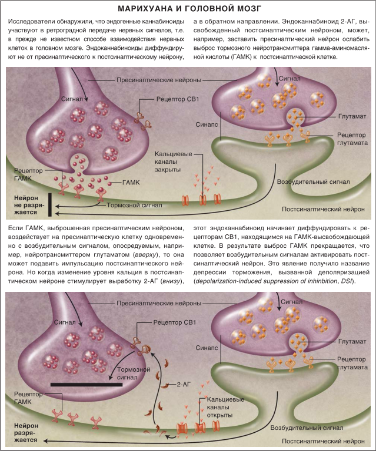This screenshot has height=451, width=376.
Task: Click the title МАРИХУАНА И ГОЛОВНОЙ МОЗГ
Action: pos(188,9)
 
